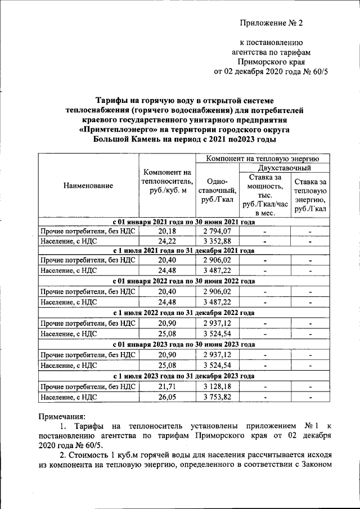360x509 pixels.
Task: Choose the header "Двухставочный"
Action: (285, 168)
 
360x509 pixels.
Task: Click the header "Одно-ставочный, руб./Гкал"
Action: (217, 191)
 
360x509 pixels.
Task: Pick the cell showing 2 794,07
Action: (217, 231)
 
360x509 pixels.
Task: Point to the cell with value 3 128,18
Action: (217, 387)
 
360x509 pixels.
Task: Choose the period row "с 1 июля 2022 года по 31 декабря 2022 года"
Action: (184, 313)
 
